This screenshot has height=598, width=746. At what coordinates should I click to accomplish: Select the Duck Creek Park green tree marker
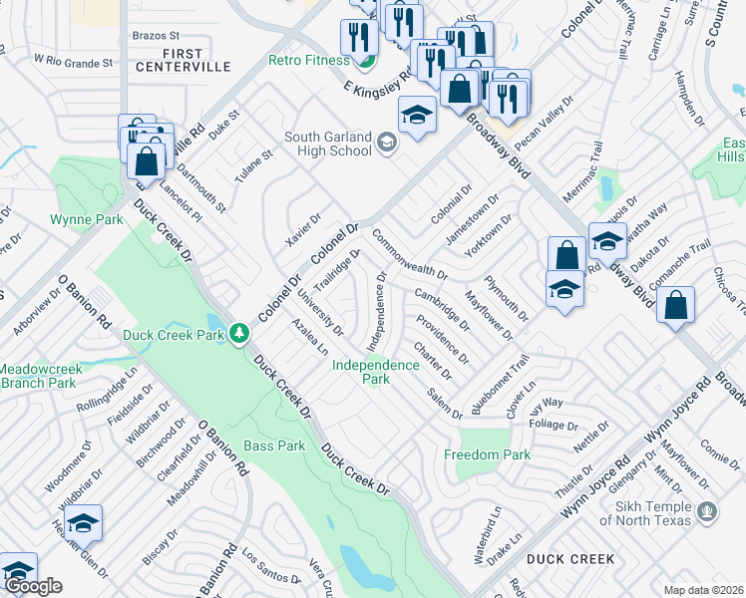238,333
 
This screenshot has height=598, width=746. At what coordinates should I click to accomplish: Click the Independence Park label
375,372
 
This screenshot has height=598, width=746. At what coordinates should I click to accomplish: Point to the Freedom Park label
488,454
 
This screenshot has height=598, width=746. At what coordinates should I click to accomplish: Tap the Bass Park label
275,446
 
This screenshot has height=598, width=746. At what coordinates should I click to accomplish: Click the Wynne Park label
87,219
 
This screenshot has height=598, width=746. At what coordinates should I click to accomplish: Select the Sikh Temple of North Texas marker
708,512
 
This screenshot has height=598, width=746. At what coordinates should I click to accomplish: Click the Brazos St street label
155,35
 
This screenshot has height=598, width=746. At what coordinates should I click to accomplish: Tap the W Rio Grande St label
73,62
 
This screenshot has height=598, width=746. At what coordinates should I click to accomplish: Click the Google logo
32,586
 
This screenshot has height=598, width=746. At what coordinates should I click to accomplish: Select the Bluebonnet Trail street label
498,384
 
